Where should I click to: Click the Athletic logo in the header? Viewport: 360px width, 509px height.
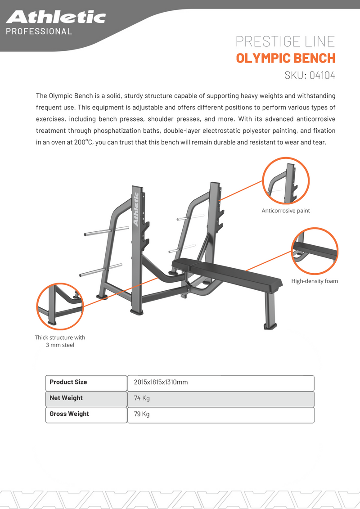[56, 17]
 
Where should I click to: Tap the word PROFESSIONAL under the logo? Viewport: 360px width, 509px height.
[39, 32]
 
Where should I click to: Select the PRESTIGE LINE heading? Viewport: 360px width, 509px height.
[285, 41]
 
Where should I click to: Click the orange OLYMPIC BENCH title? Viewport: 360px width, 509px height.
[285, 58]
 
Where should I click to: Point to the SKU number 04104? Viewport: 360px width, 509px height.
[322, 75]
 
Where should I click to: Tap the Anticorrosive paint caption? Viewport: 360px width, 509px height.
[286, 211]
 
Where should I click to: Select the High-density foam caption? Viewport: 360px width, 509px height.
[315, 281]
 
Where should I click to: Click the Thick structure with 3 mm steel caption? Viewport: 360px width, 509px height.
[60, 341]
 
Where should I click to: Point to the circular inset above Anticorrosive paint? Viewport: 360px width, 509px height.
[286, 181]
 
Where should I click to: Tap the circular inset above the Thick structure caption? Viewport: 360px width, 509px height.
[60, 306]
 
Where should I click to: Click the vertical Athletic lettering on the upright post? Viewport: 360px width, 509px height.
[136, 209]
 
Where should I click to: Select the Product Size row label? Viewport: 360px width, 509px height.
[68, 382]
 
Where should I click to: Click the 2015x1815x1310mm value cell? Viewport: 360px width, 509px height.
[161, 382]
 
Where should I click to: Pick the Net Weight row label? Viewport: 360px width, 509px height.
[66, 398]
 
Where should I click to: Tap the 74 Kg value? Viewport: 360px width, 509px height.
[142, 398]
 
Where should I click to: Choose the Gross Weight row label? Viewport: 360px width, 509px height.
[69, 414]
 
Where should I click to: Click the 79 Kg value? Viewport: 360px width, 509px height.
[142, 414]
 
